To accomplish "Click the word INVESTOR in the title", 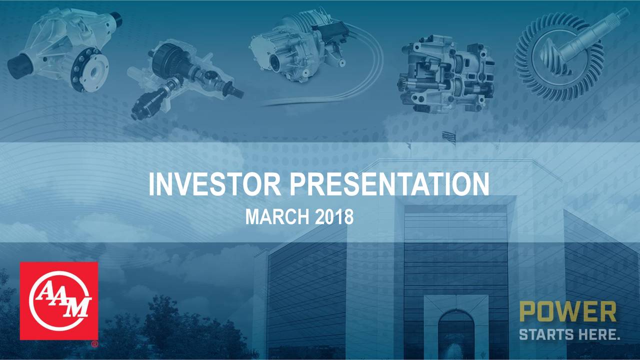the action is click(x=214, y=184).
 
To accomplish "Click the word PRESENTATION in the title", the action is click(x=389, y=184).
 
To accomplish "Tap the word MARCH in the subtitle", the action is click(x=277, y=217).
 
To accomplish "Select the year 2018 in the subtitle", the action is click(x=334, y=217).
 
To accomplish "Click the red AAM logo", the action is click(x=59, y=301).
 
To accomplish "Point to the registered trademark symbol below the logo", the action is click(x=95, y=344).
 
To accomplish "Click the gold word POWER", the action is click(x=567, y=312).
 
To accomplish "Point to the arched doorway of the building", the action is click(x=456, y=334).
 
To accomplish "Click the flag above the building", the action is click(x=449, y=136).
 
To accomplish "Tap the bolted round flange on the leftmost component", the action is click(x=89, y=69).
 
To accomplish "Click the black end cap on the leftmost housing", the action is click(x=19, y=65).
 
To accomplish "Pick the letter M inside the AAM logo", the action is click(x=77, y=307).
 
